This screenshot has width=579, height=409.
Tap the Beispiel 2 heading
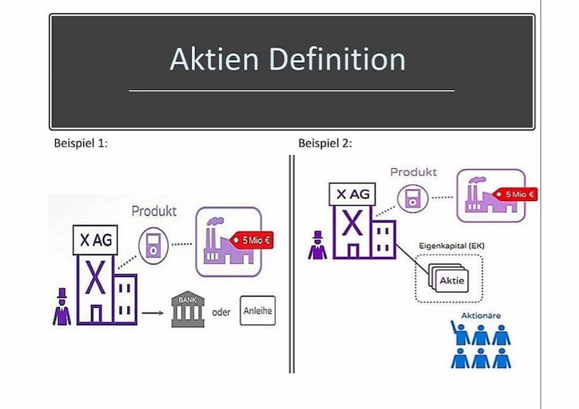325,144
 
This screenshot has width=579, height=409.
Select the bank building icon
185,312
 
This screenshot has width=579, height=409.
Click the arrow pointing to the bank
152,313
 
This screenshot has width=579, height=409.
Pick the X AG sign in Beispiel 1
95,240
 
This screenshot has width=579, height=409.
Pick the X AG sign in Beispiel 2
352,195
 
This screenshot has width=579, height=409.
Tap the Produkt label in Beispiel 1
154,211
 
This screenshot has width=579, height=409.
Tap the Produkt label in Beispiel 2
413,172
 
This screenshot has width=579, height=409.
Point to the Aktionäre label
481,316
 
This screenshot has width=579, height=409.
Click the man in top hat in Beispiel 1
62,307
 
